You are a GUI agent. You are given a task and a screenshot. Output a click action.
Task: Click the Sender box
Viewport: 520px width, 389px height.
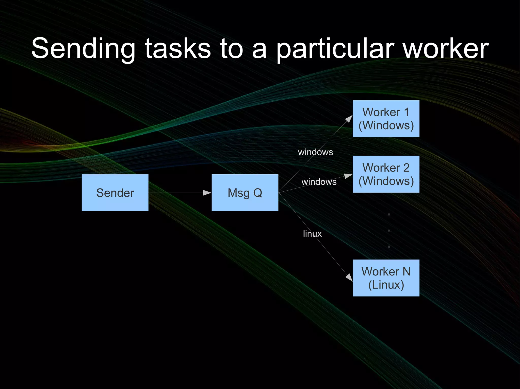coord(115,193)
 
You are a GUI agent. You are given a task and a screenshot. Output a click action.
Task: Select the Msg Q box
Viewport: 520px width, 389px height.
coord(245,193)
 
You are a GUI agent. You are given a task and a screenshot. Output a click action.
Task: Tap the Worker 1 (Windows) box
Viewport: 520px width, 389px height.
coord(386,119)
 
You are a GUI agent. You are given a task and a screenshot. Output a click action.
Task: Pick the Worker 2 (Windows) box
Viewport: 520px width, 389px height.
coord(386,174)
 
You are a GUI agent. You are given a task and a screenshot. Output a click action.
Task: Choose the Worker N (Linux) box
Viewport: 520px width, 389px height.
coord(386,278)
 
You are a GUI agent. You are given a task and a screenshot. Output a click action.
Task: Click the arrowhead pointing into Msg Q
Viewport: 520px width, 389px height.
coord(207,193)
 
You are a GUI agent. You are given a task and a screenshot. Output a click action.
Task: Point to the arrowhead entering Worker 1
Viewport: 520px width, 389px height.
coord(349,119)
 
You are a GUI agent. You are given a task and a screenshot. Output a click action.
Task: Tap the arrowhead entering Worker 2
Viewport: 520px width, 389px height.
coord(348,176)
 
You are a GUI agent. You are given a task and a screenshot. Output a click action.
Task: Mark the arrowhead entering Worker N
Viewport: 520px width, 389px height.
coord(349,277)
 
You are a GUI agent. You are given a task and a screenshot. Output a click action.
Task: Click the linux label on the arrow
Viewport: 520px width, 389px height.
coord(312,234)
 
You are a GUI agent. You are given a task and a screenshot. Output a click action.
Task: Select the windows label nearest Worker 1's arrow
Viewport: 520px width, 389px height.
coord(315,152)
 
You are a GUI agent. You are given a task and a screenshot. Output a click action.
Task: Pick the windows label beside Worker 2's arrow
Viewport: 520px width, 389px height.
coord(319,182)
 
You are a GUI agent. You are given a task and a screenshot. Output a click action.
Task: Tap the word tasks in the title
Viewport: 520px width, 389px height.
coord(178,48)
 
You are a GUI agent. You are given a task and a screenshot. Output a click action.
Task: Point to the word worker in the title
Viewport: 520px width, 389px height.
coord(446,48)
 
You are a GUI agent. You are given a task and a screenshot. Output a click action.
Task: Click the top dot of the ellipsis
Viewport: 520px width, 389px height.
coord(389,215)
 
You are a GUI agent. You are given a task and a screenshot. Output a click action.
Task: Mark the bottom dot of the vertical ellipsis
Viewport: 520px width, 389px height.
coord(389,247)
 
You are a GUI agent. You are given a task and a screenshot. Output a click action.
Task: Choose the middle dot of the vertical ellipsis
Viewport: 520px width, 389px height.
coord(389,231)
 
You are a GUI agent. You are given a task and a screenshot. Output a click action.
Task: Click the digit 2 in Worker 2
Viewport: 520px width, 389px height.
coord(406,168)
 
